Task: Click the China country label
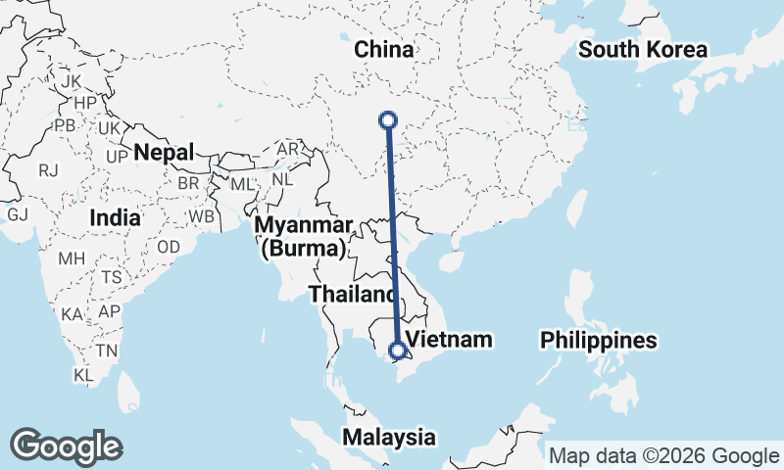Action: (x=384, y=50)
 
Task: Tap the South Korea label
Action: (x=642, y=50)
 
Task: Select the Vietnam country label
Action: (x=448, y=339)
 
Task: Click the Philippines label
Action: (x=598, y=341)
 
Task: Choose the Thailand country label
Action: (x=352, y=293)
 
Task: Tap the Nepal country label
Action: (x=165, y=152)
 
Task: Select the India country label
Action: (x=114, y=218)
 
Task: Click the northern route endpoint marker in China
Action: (x=388, y=120)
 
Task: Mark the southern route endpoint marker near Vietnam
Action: (x=398, y=350)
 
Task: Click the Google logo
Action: (x=66, y=446)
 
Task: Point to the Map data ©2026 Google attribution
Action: (x=662, y=455)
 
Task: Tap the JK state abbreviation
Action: (x=71, y=80)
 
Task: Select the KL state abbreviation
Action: (x=83, y=374)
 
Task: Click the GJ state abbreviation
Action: (x=18, y=214)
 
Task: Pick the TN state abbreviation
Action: (x=107, y=350)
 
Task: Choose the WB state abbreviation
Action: (x=202, y=215)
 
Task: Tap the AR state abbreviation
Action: (x=288, y=149)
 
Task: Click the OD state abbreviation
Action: (x=168, y=247)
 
